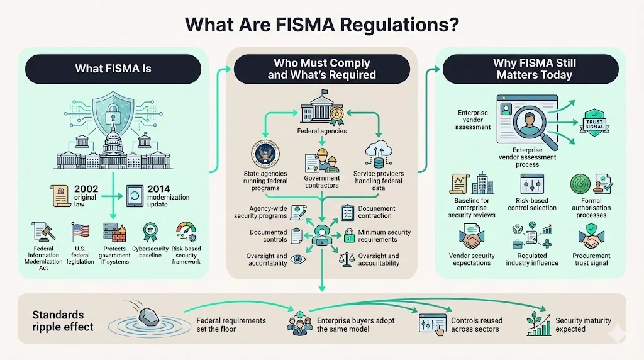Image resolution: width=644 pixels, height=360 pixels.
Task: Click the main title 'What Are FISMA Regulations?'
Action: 321,25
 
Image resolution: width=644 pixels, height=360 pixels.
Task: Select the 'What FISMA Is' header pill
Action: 113,69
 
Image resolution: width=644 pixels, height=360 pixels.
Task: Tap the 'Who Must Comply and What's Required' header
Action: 322,69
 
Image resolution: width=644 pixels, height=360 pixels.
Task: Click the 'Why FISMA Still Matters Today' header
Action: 535,69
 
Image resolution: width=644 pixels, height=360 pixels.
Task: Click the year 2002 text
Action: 86,188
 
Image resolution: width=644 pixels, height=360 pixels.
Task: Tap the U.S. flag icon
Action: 80,232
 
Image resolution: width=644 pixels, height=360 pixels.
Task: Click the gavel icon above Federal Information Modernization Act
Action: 43,232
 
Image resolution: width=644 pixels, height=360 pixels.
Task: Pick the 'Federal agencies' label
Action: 322,132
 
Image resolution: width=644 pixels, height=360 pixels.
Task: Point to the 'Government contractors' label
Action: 322,181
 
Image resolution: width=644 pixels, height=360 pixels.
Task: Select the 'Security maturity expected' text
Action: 583,324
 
